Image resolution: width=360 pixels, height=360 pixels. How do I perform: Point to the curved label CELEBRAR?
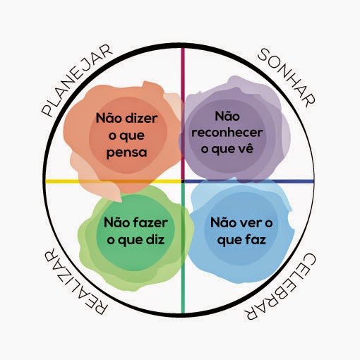280,287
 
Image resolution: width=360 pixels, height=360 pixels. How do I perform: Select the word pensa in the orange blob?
126,152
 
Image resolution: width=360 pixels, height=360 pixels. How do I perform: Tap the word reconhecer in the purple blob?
227,133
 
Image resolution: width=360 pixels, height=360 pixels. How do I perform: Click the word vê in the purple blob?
246,148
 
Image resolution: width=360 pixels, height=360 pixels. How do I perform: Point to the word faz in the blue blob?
256,239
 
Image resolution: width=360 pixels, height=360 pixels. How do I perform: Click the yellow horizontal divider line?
114,181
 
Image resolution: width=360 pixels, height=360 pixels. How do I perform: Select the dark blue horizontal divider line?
249,181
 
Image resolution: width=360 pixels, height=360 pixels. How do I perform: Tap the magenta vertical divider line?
183,114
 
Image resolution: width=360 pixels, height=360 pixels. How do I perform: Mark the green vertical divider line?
183,248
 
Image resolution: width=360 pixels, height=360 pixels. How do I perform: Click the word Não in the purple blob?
227,116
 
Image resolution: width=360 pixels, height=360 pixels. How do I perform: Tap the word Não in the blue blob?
223,222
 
